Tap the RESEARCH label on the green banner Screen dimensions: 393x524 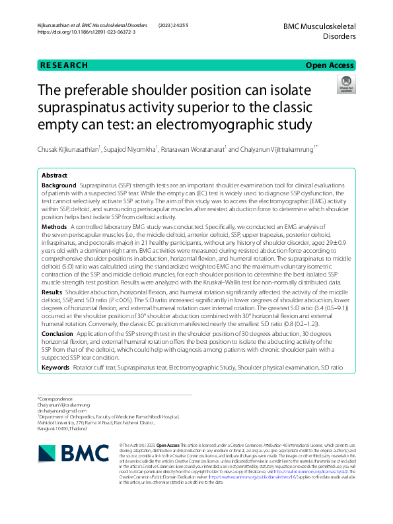63,65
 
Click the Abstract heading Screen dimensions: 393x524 54,176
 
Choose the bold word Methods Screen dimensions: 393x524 54,226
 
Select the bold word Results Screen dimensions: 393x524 52,291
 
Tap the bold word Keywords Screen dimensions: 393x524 55,367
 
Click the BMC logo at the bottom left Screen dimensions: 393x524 71,453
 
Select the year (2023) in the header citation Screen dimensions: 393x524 166,24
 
